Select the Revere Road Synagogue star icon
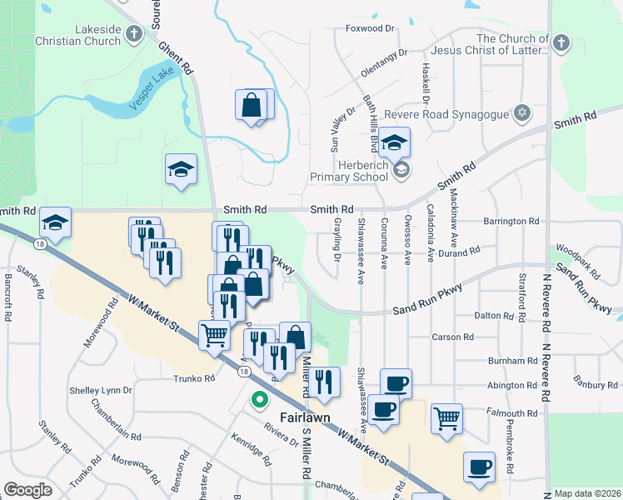pos(522,112)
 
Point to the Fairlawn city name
pos(280,416)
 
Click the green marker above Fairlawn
pos(260,400)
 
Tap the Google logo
pos(27,490)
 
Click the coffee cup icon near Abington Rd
pos(396,382)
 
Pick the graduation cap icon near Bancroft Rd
pos(55,222)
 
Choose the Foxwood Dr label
pos(370,28)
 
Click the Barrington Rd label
pos(511,222)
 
